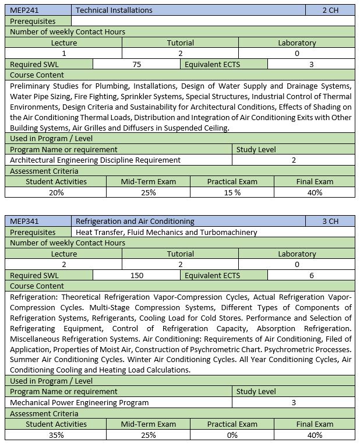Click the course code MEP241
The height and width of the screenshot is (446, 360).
point(23,10)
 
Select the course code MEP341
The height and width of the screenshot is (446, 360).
point(23,222)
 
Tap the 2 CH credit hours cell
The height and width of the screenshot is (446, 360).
point(330,10)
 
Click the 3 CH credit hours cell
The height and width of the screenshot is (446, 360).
point(330,222)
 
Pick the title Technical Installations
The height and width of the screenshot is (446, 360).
point(114,10)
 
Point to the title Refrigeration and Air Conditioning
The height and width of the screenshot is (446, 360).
point(135,222)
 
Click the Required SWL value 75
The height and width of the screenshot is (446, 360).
point(137,65)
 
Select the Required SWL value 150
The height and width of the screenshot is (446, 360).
point(137,276)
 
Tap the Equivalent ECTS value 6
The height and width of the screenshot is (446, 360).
point(312,276)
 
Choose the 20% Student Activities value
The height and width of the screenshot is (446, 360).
point(56,192)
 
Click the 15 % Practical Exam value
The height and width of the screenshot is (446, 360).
point(232,192)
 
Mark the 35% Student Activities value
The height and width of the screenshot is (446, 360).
point(56,435)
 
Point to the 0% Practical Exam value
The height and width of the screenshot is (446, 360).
point(232,435)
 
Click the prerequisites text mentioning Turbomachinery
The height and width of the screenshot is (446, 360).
point(167,232)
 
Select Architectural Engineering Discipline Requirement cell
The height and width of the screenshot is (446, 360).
point(96,160)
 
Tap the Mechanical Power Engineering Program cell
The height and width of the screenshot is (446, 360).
point(79,402)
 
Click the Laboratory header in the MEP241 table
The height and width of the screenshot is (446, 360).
point(297,43)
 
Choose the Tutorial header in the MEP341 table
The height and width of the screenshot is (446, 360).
point(180,254)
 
